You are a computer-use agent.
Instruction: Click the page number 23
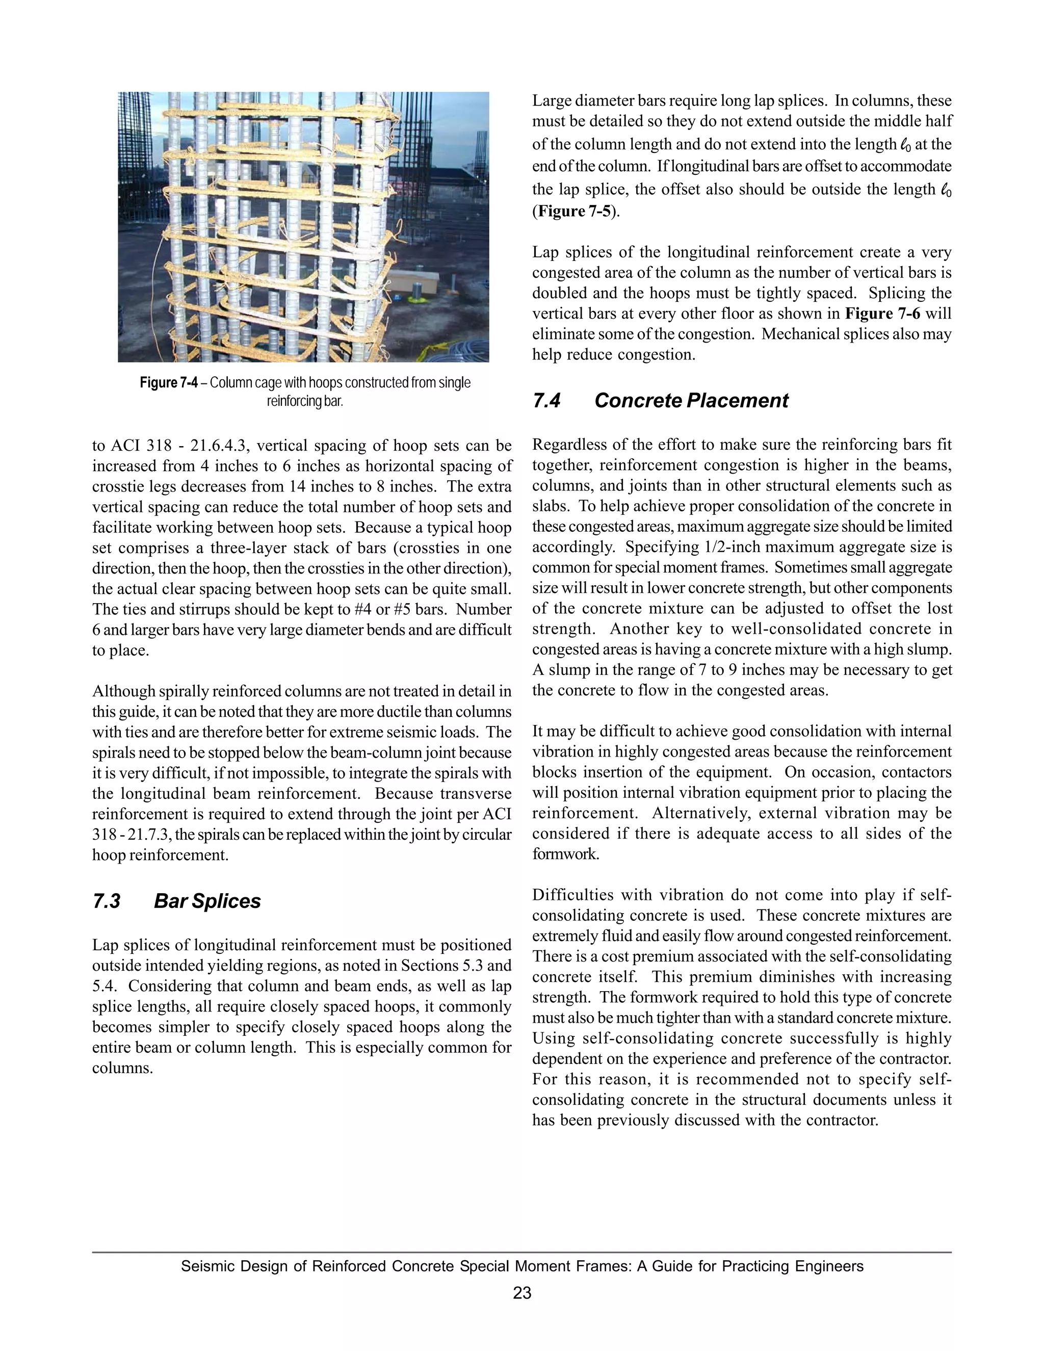point(522,1293)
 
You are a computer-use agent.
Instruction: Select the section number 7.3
point(107,901)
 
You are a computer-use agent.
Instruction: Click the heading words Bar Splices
point(207,901)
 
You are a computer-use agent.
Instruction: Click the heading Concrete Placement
point(691,401)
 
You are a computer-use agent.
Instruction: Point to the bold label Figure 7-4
point(168,383)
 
